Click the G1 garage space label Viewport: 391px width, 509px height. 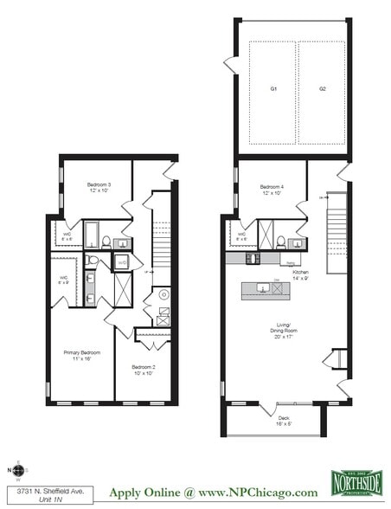pos(272,88)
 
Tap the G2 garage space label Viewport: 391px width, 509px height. pos(321,88)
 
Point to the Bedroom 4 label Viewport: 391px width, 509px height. pos(275,190)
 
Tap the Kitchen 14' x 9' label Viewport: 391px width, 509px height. pos(299,274)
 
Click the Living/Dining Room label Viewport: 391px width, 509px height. pos(281,330)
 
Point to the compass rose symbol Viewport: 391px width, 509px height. pos(18,471)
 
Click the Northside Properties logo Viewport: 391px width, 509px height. pos(356,481)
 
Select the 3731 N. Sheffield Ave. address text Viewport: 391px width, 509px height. pos(35,491)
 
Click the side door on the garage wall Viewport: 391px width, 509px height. pos(230,64)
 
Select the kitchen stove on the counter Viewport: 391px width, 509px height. pos(252,257)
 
